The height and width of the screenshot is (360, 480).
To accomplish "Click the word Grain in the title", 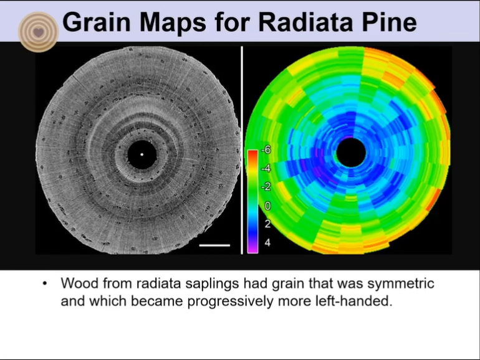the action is [97, 22].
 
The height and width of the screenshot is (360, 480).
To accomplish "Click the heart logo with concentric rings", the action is [38, 32].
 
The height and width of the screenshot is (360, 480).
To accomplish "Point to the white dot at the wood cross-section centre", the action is [142, 154].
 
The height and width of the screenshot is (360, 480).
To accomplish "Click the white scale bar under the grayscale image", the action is [214, 245].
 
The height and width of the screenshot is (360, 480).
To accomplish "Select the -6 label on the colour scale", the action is [266, 149].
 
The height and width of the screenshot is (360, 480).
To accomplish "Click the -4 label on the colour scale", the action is [266, 168].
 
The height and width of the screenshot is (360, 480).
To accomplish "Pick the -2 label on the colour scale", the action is [266, 187].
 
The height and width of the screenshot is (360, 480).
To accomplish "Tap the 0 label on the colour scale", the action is [267, 206].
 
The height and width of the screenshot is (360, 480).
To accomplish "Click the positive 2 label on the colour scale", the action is [267, 224].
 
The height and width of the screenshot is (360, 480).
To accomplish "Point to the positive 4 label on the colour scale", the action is [267, 242].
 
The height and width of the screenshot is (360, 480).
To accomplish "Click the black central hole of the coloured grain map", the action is [351, 153].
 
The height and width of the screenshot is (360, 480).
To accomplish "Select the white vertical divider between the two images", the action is [242, 150].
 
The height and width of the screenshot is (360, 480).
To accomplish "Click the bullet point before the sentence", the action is [45, 283].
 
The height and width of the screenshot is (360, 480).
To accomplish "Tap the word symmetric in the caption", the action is [401, 283].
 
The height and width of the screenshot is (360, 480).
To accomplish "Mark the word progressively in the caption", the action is [231, 302].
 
